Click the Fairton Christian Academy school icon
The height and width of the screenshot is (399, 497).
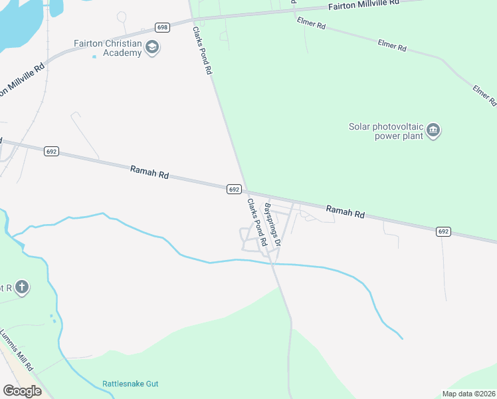pyautogui.click(x=152, y=48)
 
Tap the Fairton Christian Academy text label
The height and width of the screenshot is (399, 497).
pyautogui.click(x=108, y=48)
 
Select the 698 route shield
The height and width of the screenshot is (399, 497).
pyautogui.click(x=163, y=27)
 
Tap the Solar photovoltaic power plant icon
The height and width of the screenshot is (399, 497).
pyautogui.click(x=433, y=130)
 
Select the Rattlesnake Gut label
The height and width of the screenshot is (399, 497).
pyautogui.click(x=130, y=384)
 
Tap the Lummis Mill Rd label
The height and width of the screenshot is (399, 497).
pyautogui.click(x=17, y=349)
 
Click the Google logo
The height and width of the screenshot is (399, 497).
pyautogui.click(x=22, y=391)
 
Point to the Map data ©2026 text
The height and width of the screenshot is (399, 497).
pyautogui.click(x=468, y=394)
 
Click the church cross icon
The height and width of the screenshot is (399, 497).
pyautogui.click(x=22, y=288)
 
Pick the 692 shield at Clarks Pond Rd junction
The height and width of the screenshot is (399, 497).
pyautogui.click(x=233, y=190)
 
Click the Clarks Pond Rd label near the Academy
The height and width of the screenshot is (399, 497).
pyautogui.click(x=202, y=50)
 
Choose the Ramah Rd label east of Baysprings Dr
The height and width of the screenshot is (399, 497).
pyautogui.click(x=346, y=212)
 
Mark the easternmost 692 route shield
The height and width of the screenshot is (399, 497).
pyautogui.click(x=444, y=231)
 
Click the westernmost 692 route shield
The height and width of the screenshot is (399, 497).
pyautogui.click(x=52, y=152)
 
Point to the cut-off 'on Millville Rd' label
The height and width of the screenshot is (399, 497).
pyautogui.click(x=23, y=80)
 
